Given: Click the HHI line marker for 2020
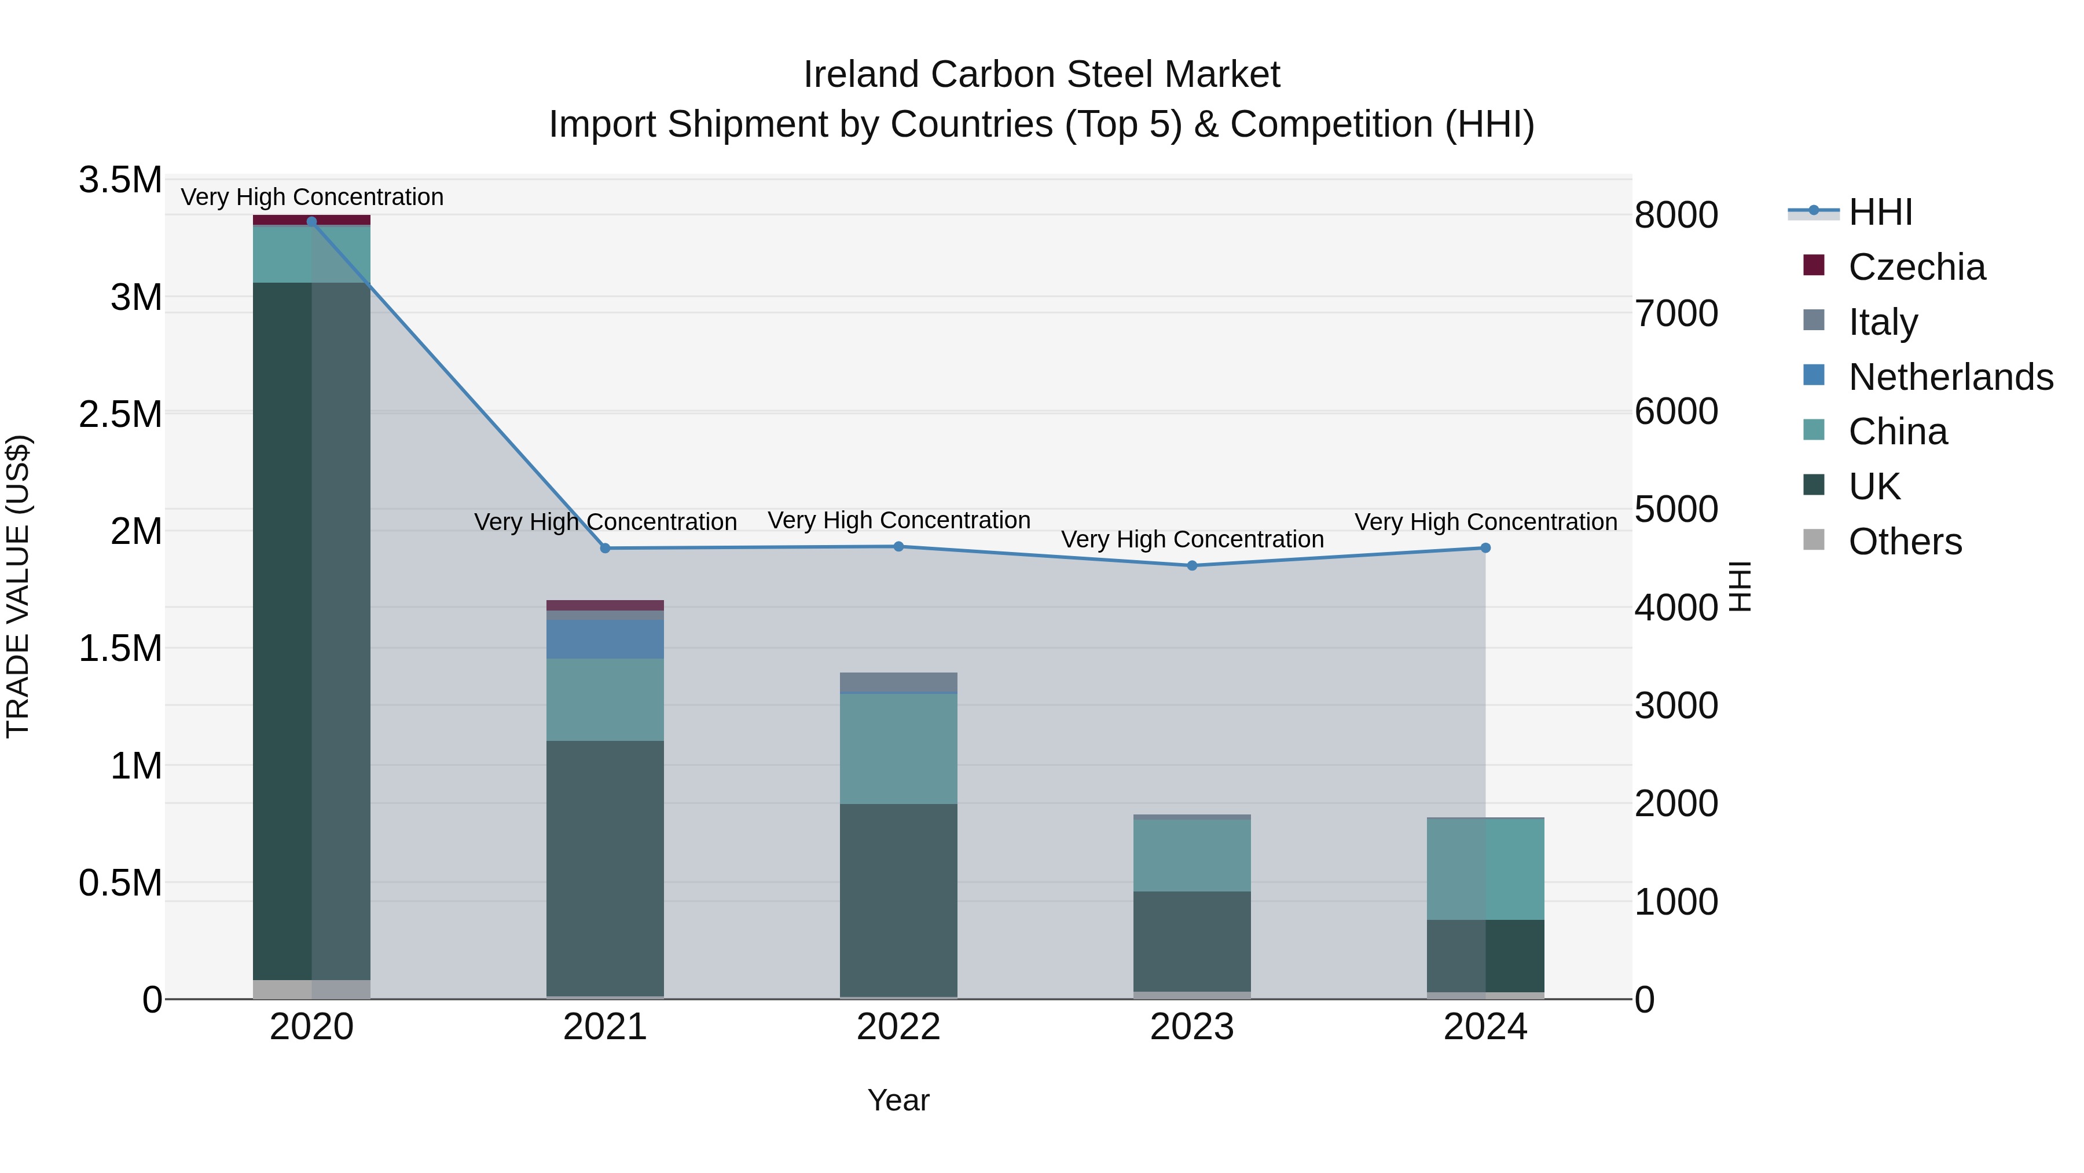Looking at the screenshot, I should tap(311, 221).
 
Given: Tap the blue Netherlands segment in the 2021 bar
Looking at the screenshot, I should tap(605, 639).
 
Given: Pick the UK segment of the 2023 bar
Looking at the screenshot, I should tap(1192, 941).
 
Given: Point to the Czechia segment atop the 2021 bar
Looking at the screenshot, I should tap(605, 605).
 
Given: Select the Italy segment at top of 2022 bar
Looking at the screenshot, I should tap(898, 682).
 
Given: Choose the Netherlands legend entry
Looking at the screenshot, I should tap(1950, 377).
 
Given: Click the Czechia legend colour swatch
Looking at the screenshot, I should tap(1814, 265).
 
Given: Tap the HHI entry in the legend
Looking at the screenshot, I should tap(1880, 212).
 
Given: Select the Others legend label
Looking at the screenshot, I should tap(1905, 542).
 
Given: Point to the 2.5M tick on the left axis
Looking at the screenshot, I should tap(120, 415).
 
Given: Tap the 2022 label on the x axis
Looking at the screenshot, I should tap(898, 1027).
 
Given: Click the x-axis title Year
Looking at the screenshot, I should tap(898, 1100).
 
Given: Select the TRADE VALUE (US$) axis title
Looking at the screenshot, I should tap(18, 586).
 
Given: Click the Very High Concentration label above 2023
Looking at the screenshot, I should tap(1192, 539).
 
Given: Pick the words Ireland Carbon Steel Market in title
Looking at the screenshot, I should tap(1041, 75).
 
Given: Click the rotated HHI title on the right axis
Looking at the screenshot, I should tap(1740, 586).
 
